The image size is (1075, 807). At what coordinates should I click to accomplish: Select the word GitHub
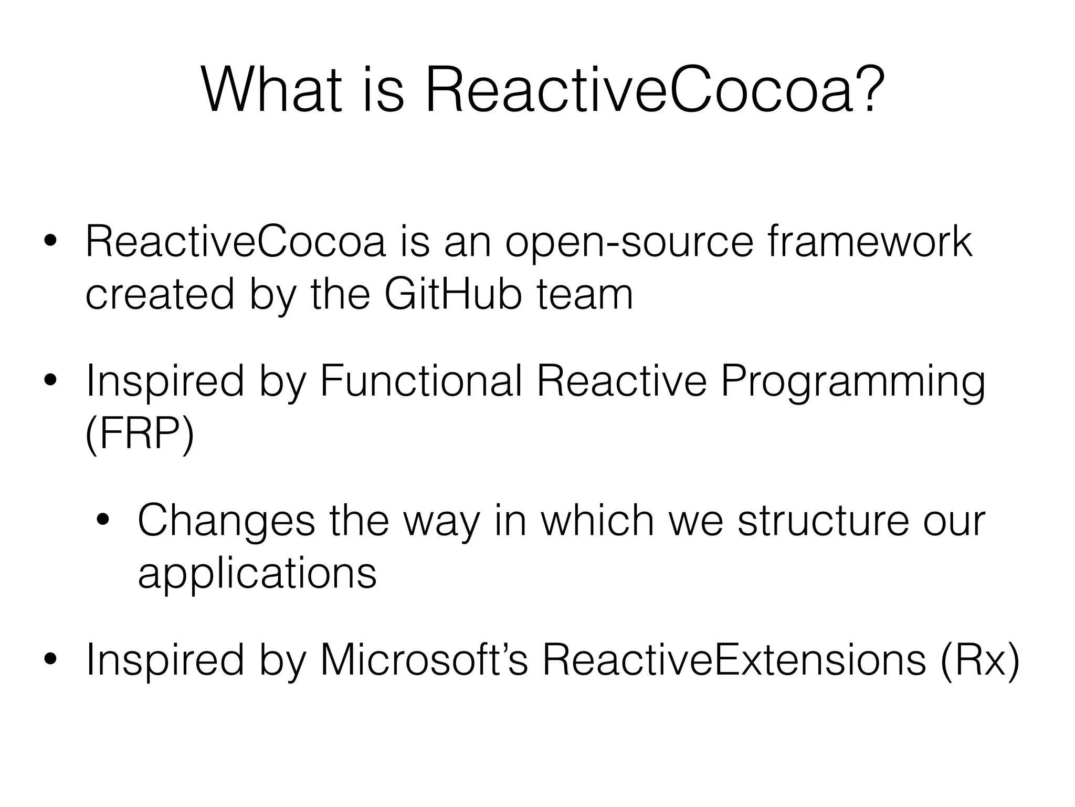(453, 294)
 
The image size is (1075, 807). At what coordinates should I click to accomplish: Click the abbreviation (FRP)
(140, 434)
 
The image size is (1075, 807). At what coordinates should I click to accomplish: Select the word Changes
(226, 522)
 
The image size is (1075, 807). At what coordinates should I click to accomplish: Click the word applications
(257, 575)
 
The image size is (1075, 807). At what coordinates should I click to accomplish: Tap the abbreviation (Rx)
(979, 660)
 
